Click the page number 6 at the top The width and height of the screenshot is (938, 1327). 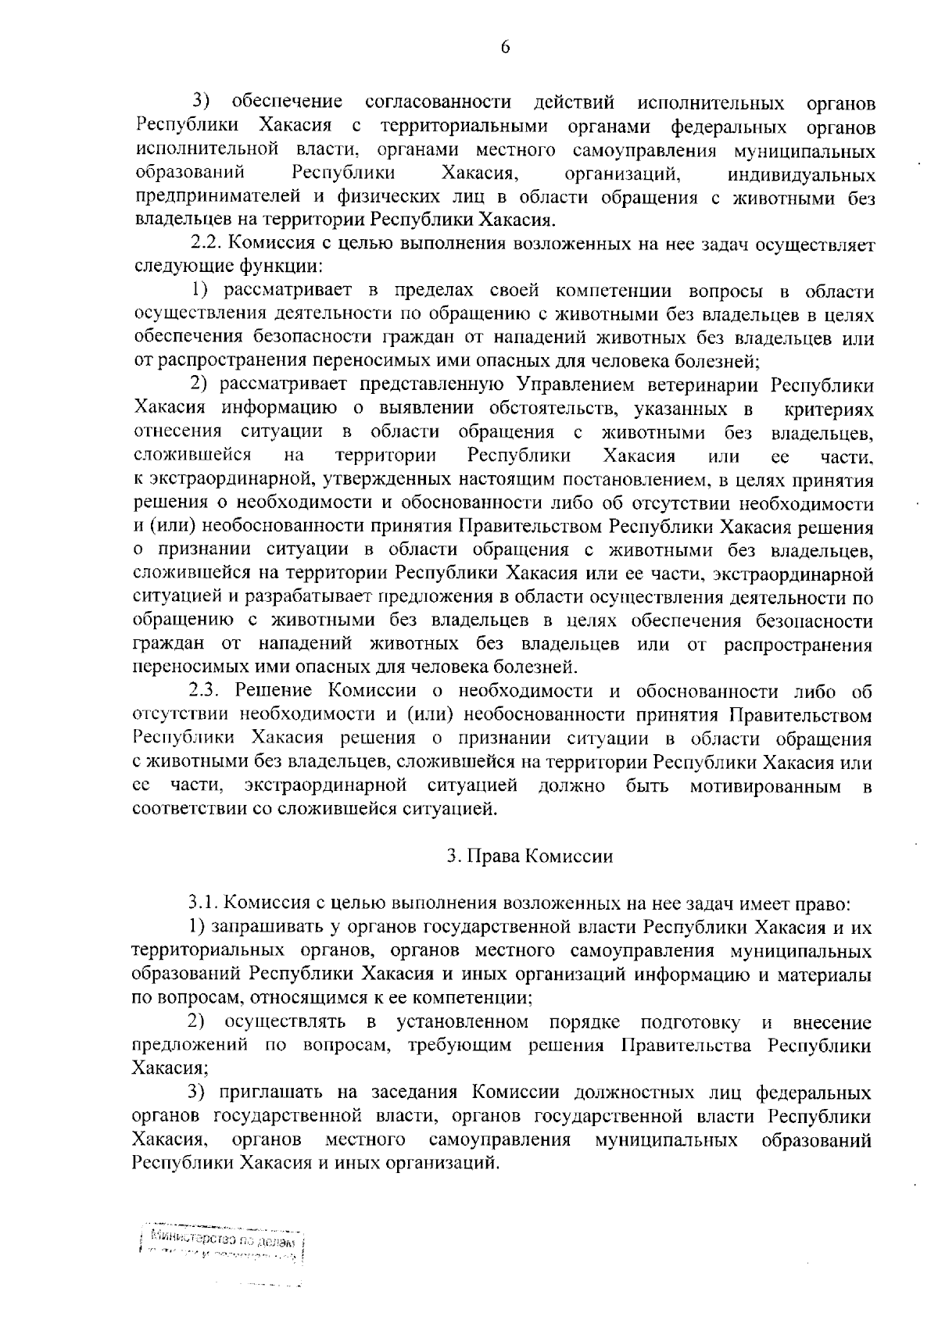pyautogui.click(x=505, y=48)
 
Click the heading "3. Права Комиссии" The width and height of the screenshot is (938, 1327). pyautogui.click(x=530, y=855)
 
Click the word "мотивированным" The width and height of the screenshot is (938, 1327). pyautogui.click(x=765, y=785)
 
